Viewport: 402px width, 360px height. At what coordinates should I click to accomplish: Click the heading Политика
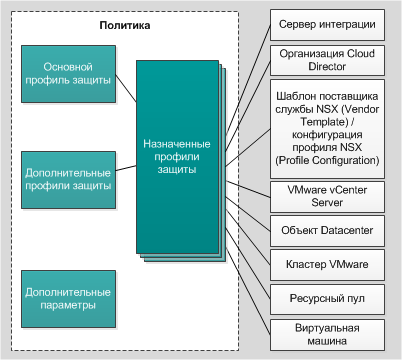click(128, 22)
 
